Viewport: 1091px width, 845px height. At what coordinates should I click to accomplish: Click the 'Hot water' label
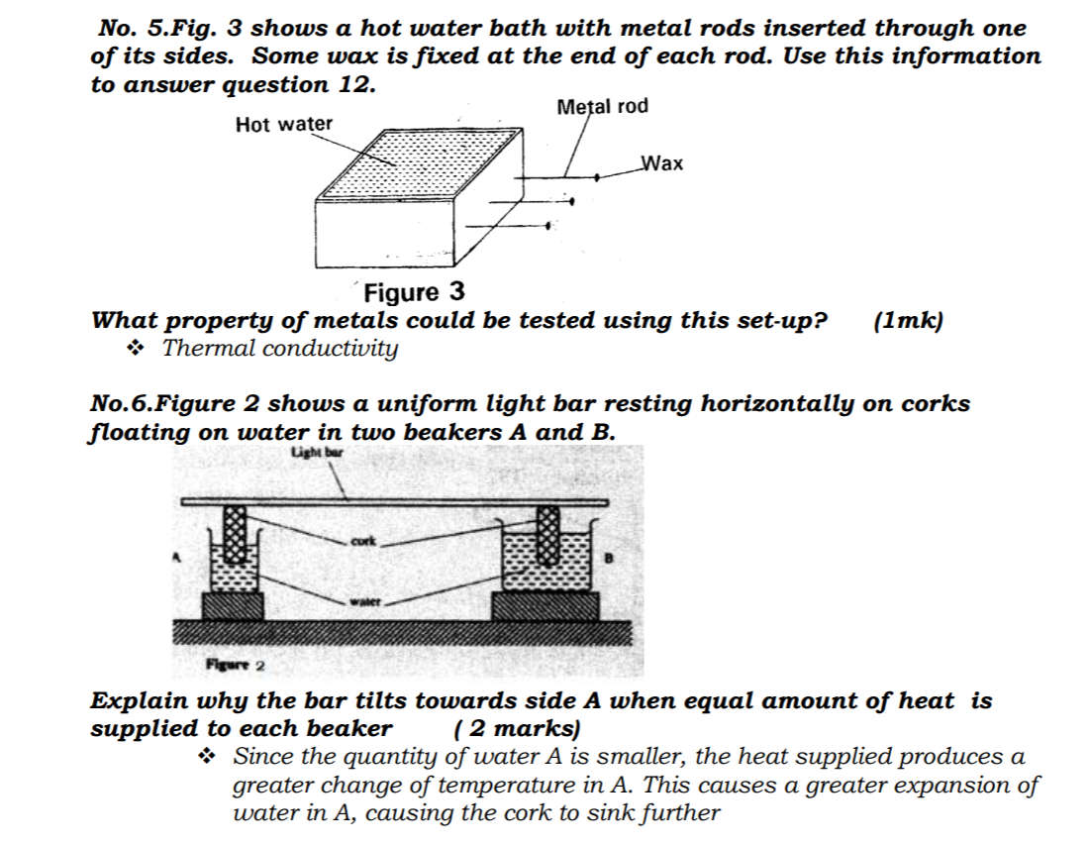(x=284, y=124)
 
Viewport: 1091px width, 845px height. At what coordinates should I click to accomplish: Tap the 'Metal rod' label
(x=603, y=106)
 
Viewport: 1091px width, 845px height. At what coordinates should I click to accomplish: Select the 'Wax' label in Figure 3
(x=662, y=163)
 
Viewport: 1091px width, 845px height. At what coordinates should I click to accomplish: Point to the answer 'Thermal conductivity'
(x=280, y=349)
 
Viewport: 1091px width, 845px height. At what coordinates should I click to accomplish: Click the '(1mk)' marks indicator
(x=909, y=321)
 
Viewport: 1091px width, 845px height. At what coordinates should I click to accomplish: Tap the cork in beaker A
(x=234, y=534)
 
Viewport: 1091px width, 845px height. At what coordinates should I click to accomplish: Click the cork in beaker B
(x=547, y=534)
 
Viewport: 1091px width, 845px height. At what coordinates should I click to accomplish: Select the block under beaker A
(x=233, y=605)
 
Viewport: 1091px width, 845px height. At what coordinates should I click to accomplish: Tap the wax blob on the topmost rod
(x=597, y=178)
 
